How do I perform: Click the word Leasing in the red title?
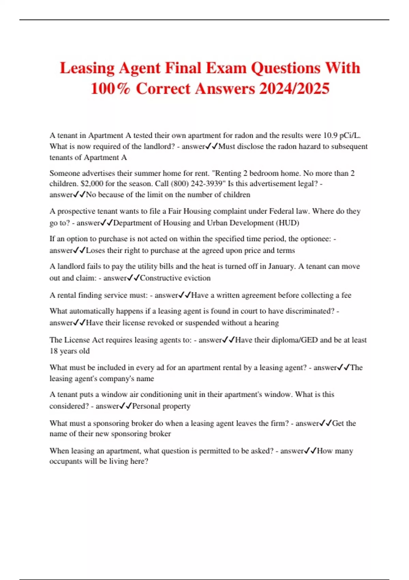(87, 68)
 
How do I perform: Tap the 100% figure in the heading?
(110, 89)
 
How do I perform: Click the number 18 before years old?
(54, 351)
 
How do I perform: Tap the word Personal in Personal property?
(146, 406)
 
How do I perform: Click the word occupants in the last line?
(66, 461)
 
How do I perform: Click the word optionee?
(315, 239)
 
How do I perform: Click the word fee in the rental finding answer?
(346, 295)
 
